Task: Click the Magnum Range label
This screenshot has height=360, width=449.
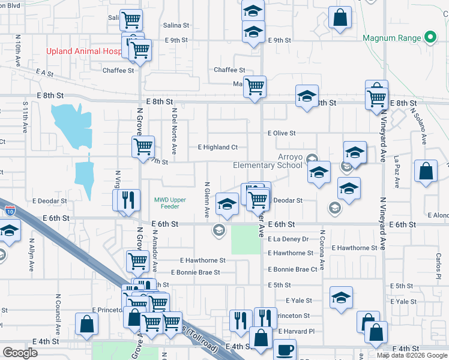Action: pos(392,38)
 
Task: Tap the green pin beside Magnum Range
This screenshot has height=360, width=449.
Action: pos(430,38)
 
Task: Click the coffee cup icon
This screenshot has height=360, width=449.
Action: pos(284,349)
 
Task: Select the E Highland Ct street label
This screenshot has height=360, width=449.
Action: pos(217,147)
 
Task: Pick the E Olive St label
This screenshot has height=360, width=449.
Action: pos(282,133)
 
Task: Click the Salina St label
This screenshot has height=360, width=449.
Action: pos(176,26)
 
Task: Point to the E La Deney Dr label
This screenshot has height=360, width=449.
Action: pos(288,239)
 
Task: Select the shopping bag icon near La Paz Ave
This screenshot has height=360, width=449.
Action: pos(425,171)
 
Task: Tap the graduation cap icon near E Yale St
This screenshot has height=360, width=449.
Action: pos(341,297)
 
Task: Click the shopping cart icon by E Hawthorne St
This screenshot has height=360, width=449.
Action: pos(137,261)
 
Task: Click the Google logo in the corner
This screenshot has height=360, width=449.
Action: pos(20,353)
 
